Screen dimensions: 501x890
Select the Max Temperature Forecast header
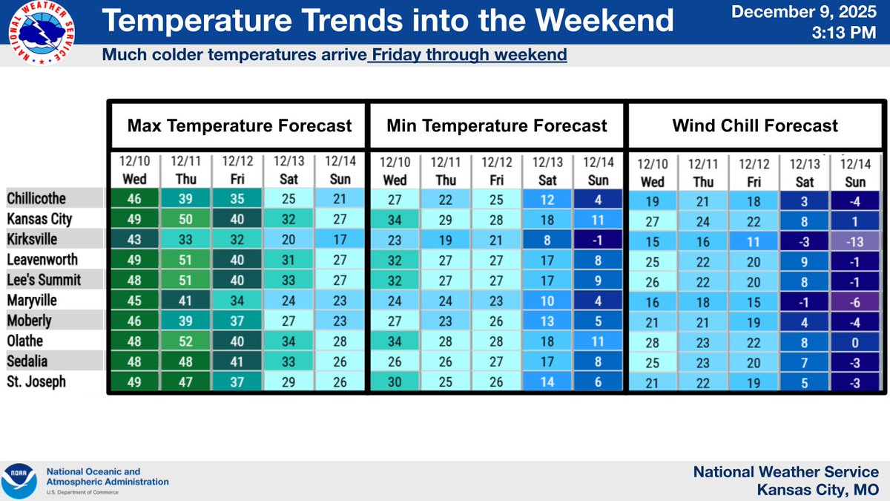pos(240,125)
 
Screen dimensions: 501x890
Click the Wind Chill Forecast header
pos(755,125)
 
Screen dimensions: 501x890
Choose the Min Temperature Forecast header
pos(497,125)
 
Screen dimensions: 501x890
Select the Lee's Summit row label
pos(44,281)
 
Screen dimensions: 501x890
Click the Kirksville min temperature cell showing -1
pos(598,240)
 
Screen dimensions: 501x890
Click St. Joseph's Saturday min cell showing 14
pos(547,382)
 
